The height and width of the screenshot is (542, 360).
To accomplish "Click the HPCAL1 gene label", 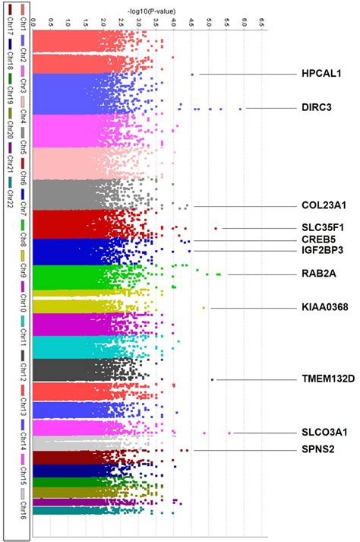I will (x=322, y=74).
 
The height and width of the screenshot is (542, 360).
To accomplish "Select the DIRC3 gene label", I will (x=317, y=109).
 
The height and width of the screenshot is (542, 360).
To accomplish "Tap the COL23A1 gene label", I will (x=323, y=206).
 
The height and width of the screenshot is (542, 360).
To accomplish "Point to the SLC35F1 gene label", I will (x=323, y=228).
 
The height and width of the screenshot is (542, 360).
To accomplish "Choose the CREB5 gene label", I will (x=317, y=239).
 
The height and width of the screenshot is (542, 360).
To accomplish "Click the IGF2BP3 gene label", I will (x=322, y=249).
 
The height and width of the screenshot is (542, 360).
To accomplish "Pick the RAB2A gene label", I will (x=317, y=274).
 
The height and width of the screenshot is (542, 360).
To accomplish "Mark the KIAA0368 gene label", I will (x=324, y=308).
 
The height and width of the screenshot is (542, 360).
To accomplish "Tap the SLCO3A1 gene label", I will (x=324, y=433).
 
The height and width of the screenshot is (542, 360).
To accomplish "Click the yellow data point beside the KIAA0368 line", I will (x=204, y=308).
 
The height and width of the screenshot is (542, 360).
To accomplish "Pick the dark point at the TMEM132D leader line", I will (x=213, y=379).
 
